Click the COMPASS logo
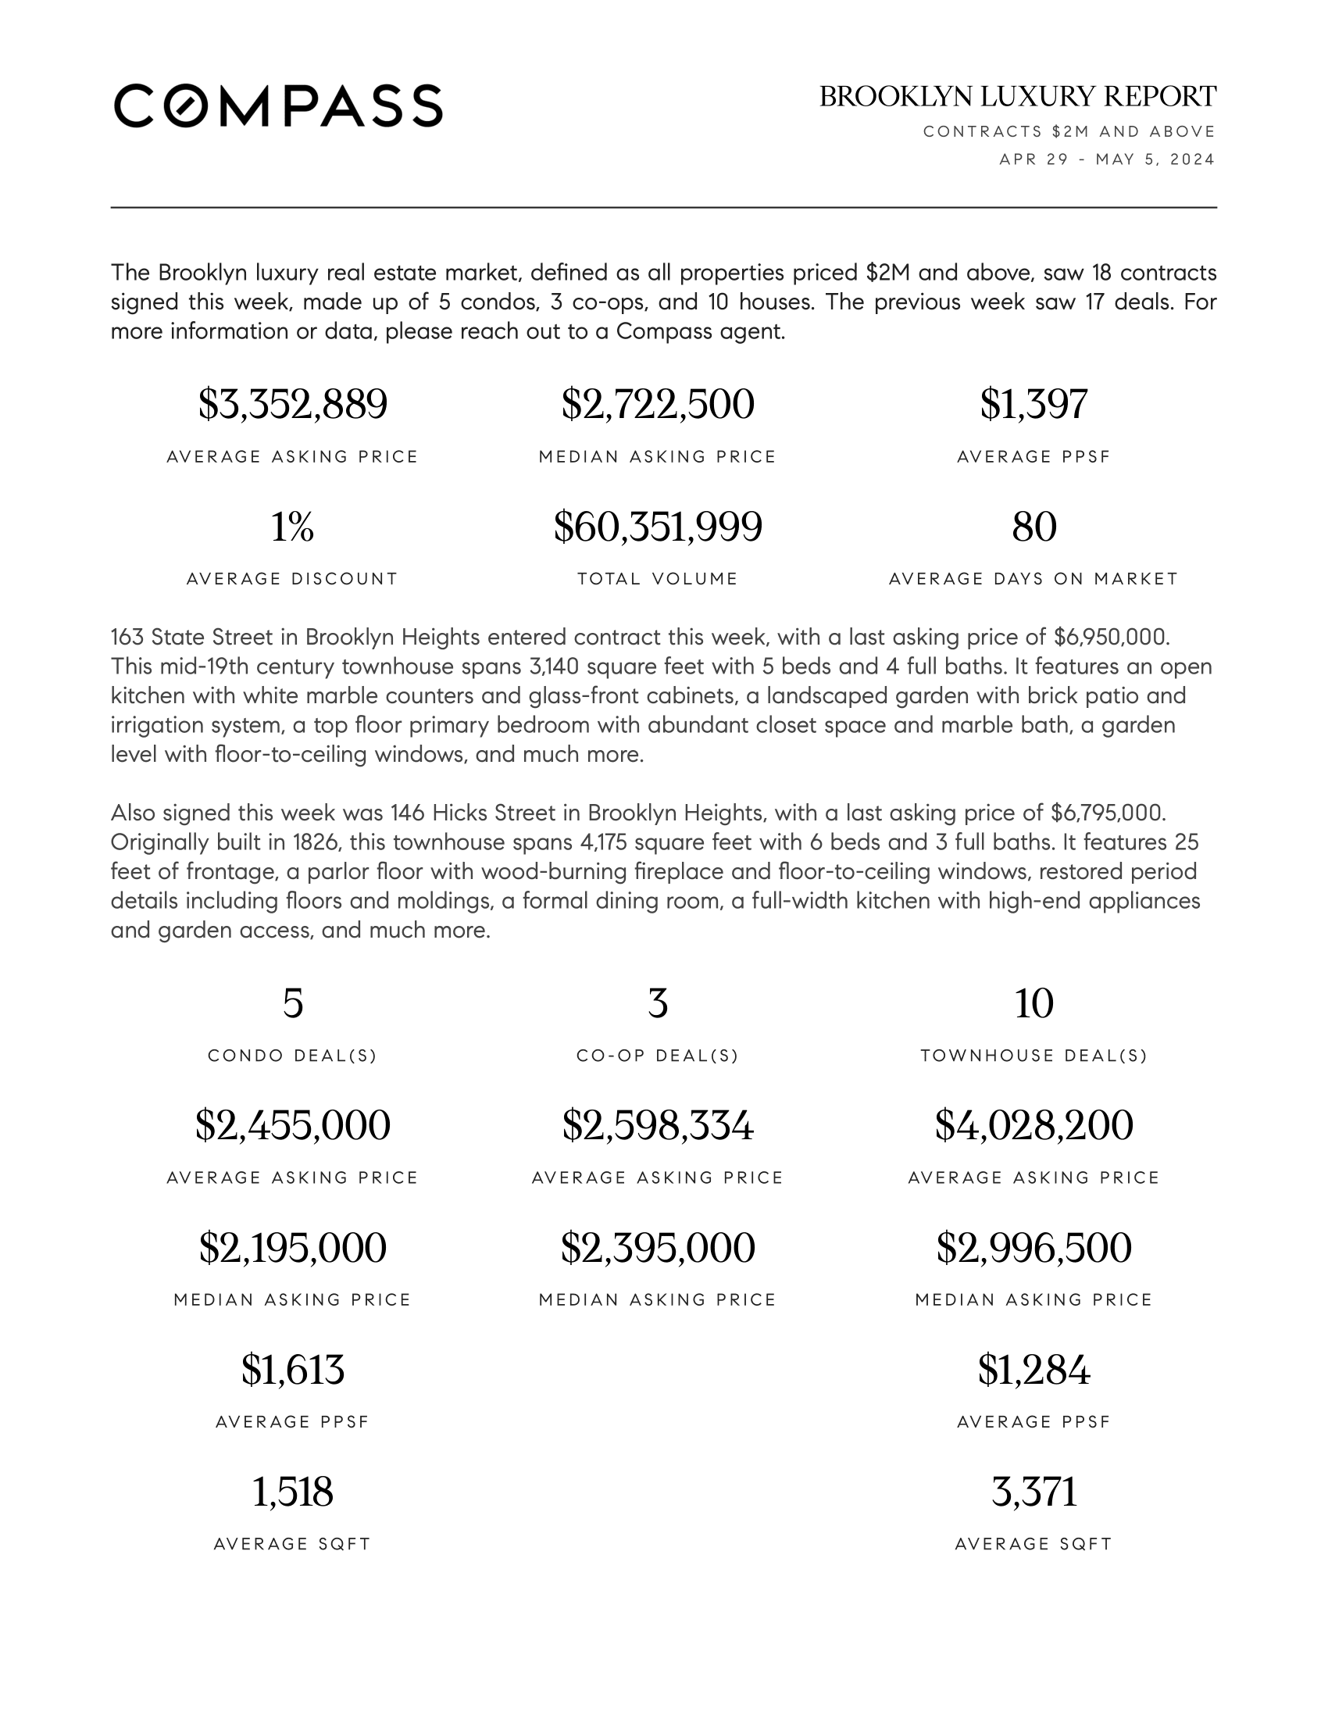(x=278, y=105)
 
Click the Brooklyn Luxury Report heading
(x=1017, y=97)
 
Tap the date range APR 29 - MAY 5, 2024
(x=1107, y=159)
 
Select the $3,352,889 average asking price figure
(x=293, y=404)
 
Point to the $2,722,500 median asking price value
(x=658, y=404)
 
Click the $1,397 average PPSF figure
(x=1033, y=404)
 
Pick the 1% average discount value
(x=293, y=527)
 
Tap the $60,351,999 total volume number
(x=658, y=527)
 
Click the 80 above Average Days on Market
(x=1033, y=527)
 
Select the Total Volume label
(x=658, y=579)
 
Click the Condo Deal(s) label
(x=293, y=1056)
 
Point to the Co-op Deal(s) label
(x=658, y=1056)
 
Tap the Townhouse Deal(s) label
(x=1033, y=1056)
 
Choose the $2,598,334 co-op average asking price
(x=658, y=1125)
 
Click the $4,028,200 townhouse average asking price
(x=1033, y=1125)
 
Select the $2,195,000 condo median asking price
(x=293, y=1248)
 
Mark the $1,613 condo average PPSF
(x=293, y=1370)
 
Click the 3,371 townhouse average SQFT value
(x=1033, y=1492)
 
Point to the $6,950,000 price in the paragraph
(x=1110, y=637)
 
